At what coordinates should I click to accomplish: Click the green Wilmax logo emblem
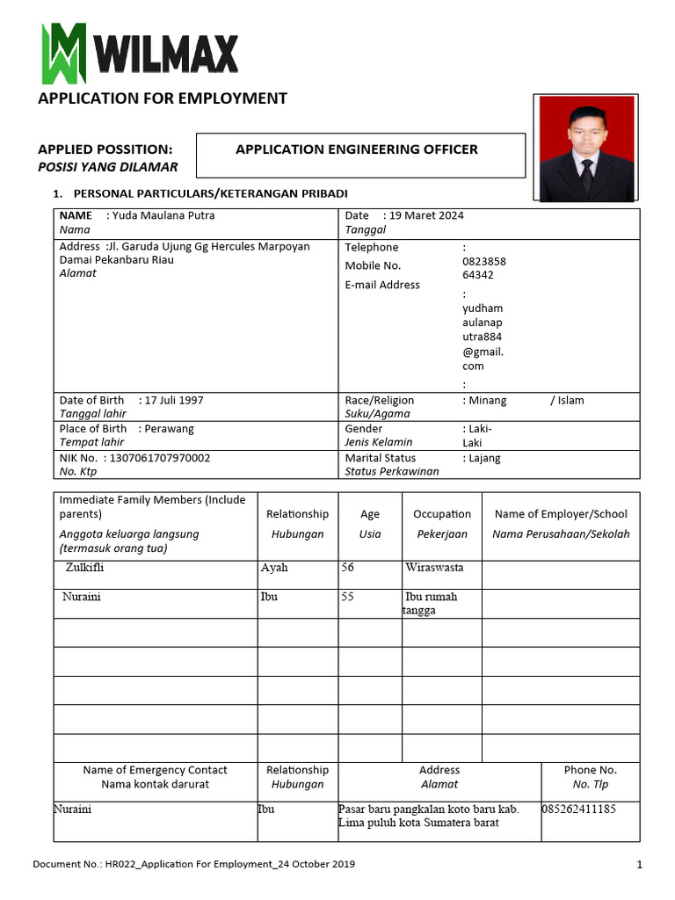click(63, 53)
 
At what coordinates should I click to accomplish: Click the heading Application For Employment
click(162, 98)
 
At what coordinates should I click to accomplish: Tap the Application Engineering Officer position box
click(359, 155)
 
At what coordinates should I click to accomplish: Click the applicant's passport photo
click(586, 148)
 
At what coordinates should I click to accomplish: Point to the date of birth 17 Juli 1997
click(174, 400)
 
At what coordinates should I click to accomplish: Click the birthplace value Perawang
click(170, 429)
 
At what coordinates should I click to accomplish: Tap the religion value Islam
click(570, 400)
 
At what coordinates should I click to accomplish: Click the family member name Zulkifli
click(85, 568)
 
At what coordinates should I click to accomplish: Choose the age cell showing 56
click(348, 568)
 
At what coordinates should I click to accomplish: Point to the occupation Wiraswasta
click(434, 568)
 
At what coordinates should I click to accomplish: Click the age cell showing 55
click(348, 597)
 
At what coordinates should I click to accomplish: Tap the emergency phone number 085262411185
click(579, 809)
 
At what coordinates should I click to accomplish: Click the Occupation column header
click(442, 514)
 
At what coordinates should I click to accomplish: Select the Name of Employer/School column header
click(561, 514)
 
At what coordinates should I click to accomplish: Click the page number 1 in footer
click(640, 865)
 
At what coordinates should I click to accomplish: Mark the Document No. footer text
click(193, 865)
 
